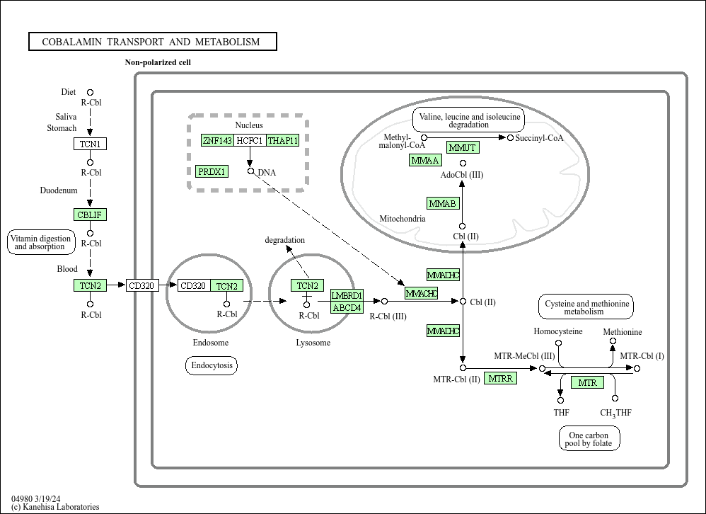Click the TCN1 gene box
[x=90, y=144]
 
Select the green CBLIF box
[x=90, y=215]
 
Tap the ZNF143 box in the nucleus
[x=217, y=140]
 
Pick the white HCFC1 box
[x=250, y=140]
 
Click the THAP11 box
[x=283, y=140]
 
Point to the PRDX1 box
[x=212, y=171]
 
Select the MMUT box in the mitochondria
[x=463, y=147]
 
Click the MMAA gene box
[x=425, y=160]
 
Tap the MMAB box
[x=443, y=203]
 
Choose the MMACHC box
[x=422, y=293]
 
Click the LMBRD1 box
[x=347, y=295]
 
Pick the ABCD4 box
[x=347, y=307]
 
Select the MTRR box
[x=500, y=378]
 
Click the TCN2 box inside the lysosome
[x=307, y=285]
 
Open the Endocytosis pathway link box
[x=212, y=365]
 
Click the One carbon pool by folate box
[x=589, y=439]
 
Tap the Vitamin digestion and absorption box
[x=40, y=242]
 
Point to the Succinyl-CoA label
[x=539, y=138]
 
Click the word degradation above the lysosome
[x=284, y=240]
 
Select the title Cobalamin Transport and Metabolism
[x=153, y=42]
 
